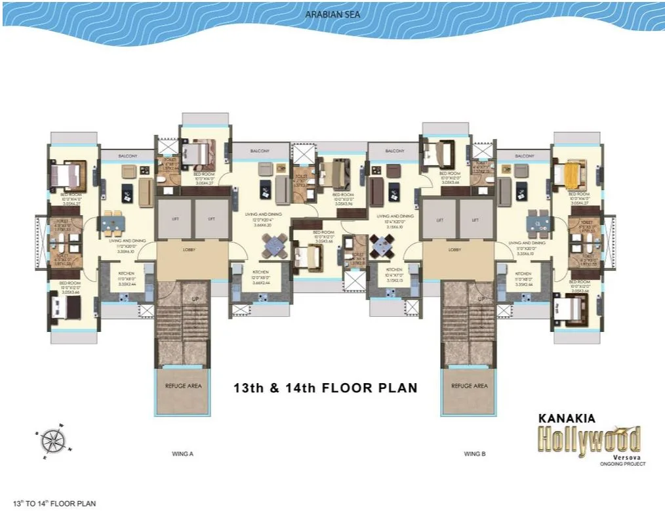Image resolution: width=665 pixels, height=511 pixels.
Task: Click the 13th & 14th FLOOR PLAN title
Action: (325, 388)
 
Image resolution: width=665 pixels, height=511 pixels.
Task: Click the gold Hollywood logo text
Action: (589, 438)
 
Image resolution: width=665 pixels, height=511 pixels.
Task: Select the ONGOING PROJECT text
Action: (618, 464)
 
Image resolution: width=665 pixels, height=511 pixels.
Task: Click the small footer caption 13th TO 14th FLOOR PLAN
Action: (49, 503)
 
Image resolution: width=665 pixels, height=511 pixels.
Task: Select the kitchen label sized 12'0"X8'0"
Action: (260, 275)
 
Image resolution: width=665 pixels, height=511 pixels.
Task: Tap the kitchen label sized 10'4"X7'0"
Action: (394, 273)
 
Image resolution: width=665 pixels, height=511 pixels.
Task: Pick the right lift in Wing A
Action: (211, 220)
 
